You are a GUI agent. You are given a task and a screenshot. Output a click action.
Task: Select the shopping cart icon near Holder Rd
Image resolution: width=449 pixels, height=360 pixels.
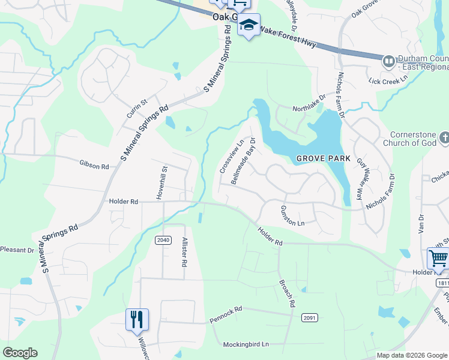[x=438, y=259]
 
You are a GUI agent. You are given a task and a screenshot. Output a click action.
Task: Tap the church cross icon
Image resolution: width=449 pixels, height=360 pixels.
[x=444, y=139]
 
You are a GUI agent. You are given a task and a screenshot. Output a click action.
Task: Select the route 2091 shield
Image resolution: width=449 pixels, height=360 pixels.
[x=310, y=317]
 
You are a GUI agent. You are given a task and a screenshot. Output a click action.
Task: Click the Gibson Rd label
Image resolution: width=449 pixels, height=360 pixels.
[x=94, y=164]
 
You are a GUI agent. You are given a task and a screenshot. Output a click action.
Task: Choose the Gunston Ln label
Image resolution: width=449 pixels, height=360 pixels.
[x=293, y=215]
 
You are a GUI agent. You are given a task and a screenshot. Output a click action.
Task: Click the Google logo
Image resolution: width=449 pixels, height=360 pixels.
[x=20, y=353]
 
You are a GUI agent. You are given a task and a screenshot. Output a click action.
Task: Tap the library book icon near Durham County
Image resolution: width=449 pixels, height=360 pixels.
[x=388, y=61]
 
